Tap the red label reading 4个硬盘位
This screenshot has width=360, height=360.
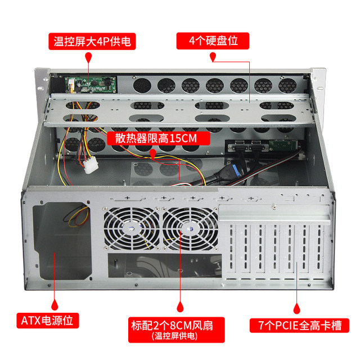pyautogui.click(x=213, y=41)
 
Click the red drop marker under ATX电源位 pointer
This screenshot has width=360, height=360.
pyautogui.click(x=55, y=304)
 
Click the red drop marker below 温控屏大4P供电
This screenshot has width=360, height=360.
pyautogui.click(x=89, y=58)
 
